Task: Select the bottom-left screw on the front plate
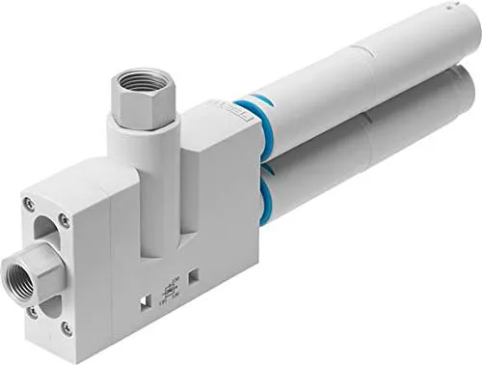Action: (33, 311)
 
